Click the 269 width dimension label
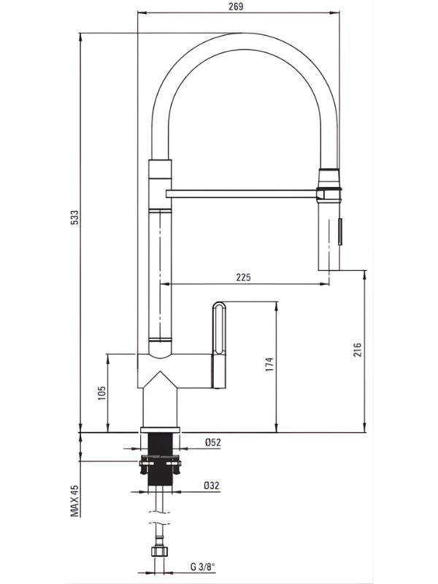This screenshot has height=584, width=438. (x=237, y=7)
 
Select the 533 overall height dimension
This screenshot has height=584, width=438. (x=75, y=217)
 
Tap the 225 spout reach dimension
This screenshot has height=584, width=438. (x=244, y=277)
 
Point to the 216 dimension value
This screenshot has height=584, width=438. (x=357, y=350)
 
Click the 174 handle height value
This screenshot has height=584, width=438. (x=269, y=364)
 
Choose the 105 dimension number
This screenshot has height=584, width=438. (x=101, y=393)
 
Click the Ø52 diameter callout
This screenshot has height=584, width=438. (x=212, y=442)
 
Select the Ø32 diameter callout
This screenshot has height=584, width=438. (x=212, y=485)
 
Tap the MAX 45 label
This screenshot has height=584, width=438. (x=75, y=501)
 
